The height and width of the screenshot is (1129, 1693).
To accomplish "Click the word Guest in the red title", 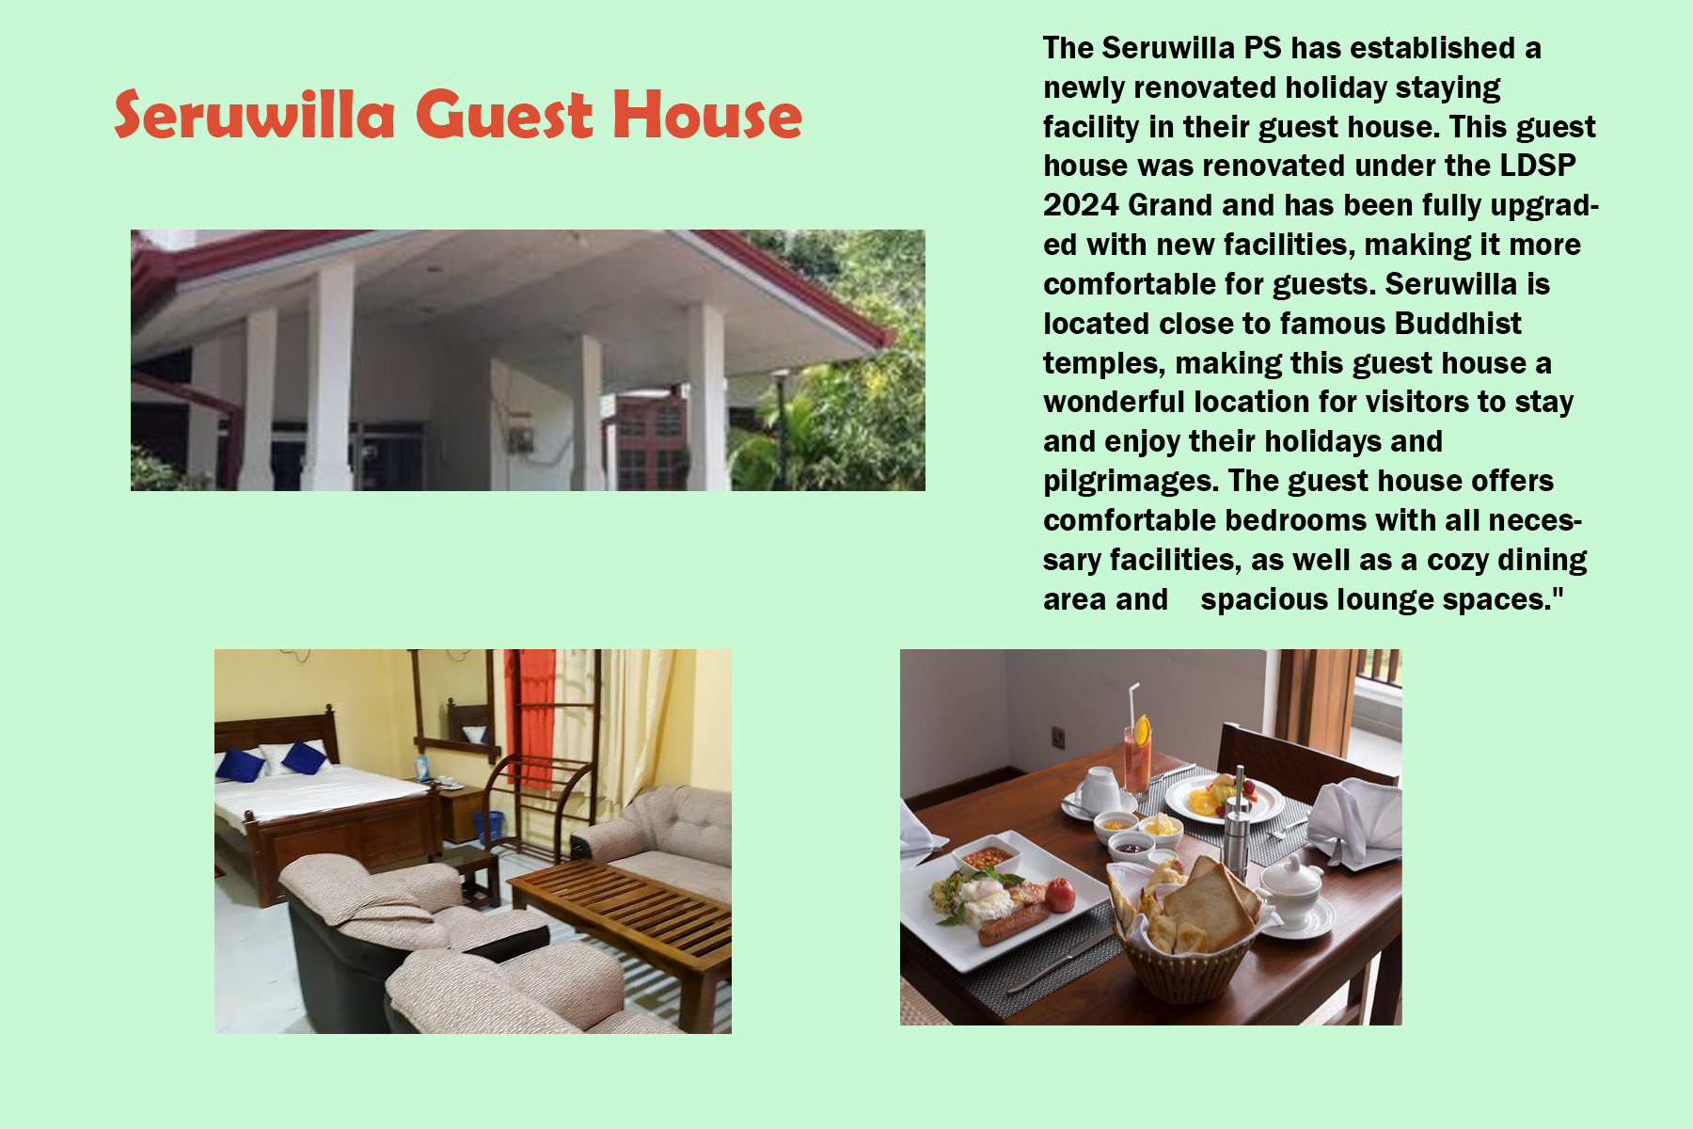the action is point(503,115).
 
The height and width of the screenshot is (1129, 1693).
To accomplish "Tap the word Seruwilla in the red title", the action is point(254,115).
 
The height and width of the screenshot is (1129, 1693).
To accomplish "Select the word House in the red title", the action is point(707,115).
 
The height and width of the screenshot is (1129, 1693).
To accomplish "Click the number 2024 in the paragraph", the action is point(1081,205).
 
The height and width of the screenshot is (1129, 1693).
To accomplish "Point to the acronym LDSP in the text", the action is point(1538,166).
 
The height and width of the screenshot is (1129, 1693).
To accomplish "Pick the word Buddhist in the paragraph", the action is point(1458,324).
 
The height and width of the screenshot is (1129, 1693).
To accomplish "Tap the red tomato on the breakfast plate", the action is point(1060,895).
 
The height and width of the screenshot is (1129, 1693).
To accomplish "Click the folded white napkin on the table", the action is point(1354,822).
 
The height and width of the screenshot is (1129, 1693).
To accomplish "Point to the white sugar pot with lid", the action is point(1292,890).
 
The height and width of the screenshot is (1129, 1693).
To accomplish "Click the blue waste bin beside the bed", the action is point(488,828).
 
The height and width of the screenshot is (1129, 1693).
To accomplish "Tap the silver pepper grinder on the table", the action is point(1236,824).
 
